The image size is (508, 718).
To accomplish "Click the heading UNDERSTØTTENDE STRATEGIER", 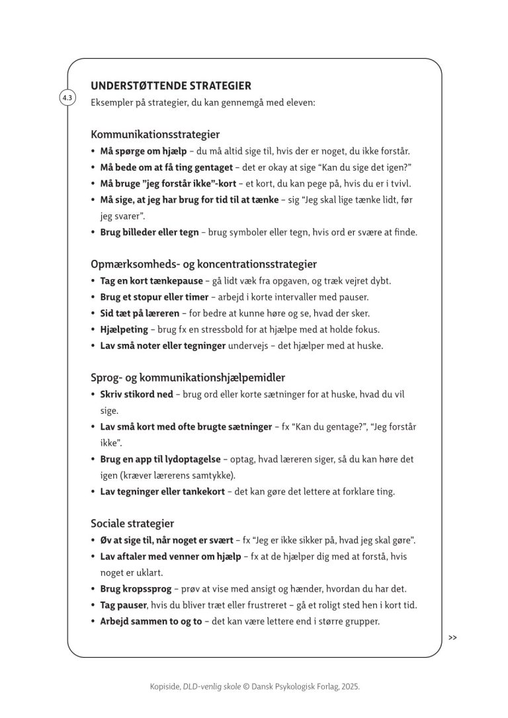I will click(x=171, y=86).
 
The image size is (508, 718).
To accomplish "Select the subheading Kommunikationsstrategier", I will click(x=155, y=134).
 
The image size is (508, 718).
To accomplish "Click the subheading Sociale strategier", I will click(x=132, y=523).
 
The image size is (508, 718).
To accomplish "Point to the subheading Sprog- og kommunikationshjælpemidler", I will click(x=188, y=378).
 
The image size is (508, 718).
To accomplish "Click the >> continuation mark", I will click(x=452, y=637).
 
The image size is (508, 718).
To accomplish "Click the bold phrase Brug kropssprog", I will click(x=136, y=588).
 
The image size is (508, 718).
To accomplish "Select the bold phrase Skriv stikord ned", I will click(x=136, y=394).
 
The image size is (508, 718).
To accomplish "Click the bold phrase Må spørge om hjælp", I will click(x=144, y=151).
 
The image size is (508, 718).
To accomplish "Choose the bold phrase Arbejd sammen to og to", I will click(x=151, y=621).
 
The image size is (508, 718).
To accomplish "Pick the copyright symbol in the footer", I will click(x=247, y=688).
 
